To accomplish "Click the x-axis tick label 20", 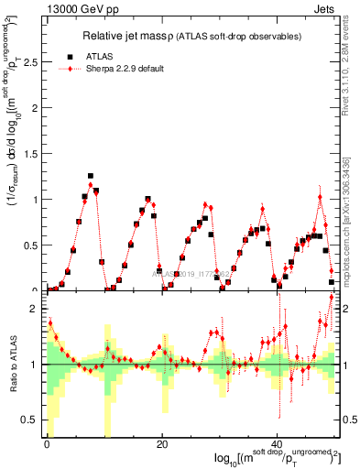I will coord(161,445).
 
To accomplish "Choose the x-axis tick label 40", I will coord(277,445).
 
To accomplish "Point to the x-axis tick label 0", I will coord(46,445).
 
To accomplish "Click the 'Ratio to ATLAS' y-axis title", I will coord(12,366).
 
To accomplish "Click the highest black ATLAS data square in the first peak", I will coord(91,176).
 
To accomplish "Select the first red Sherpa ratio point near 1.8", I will coord(50,322).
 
